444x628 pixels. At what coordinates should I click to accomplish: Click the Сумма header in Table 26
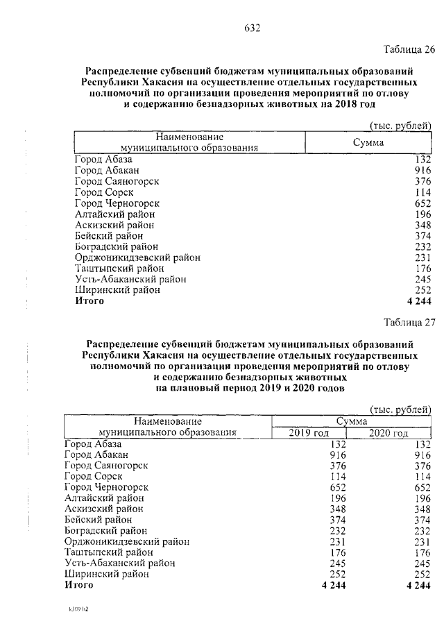(368, 142)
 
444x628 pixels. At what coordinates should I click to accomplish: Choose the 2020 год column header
(388, 434)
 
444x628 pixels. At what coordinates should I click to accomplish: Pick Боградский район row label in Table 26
(116, 246)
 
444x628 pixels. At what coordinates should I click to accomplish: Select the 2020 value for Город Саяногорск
(420, 466)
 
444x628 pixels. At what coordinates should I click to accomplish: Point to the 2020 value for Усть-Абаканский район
(420, 563)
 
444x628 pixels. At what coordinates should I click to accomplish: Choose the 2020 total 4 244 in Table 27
(417, 586)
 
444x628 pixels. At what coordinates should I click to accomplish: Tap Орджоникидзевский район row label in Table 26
(137, 257)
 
